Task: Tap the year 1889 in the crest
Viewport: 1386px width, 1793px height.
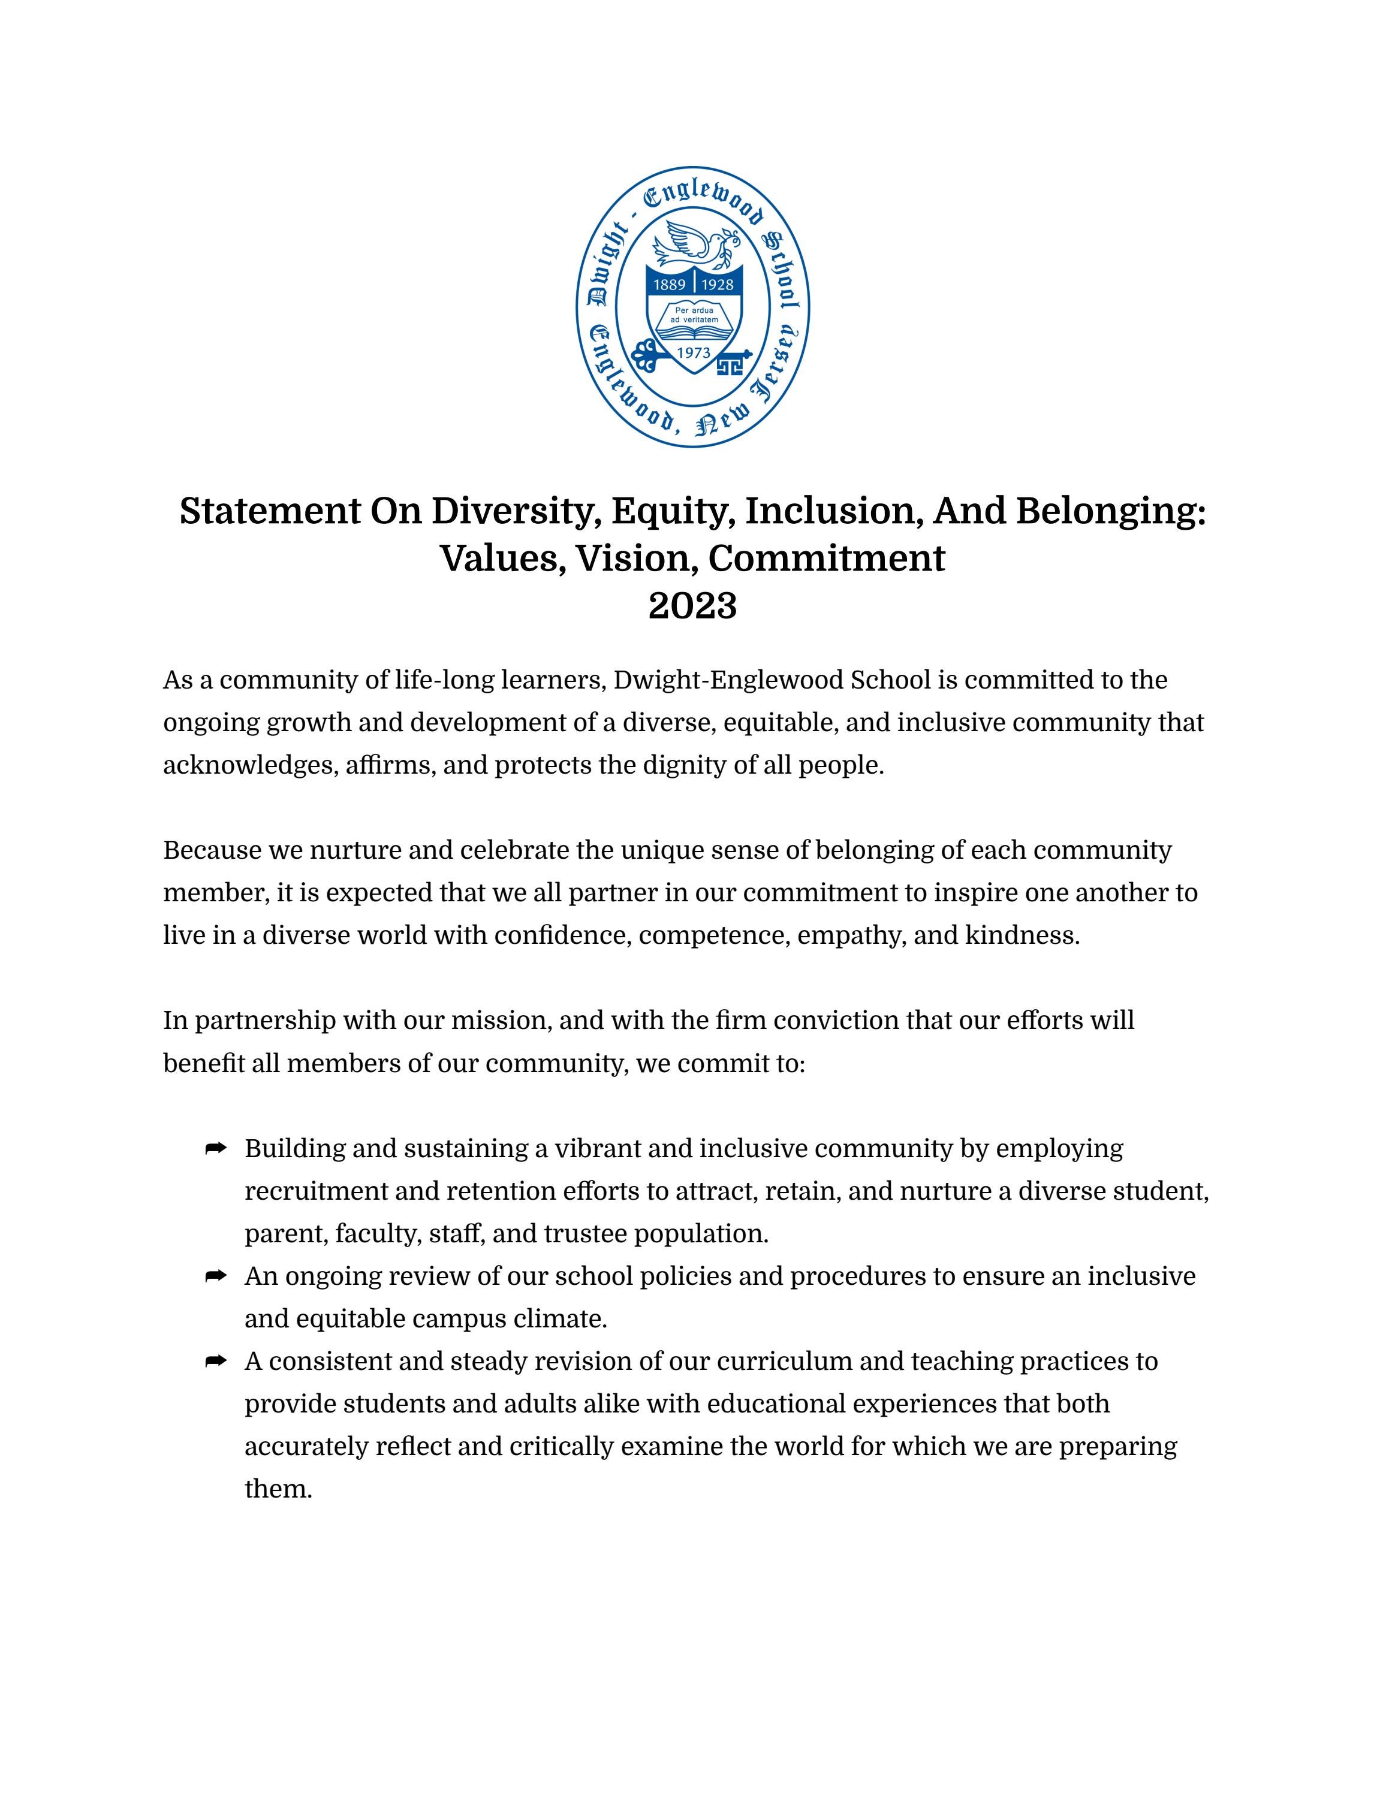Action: click(x=669, y=285)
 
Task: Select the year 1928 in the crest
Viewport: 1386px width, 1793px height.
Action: click(x=718, y=285)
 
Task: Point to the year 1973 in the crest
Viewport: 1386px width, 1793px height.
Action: click(x=693, y=353)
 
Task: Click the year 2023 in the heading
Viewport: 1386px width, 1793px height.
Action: click(x=692, y=606)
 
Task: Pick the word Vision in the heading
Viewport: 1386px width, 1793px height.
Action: click(x=635, y=559)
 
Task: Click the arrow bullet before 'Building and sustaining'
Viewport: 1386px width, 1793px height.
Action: click(x=215, y=1149)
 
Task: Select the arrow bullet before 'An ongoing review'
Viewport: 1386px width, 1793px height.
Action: click(x=215, y=1276)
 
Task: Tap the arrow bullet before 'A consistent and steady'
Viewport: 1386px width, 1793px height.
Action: click(x=215, y=1361)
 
